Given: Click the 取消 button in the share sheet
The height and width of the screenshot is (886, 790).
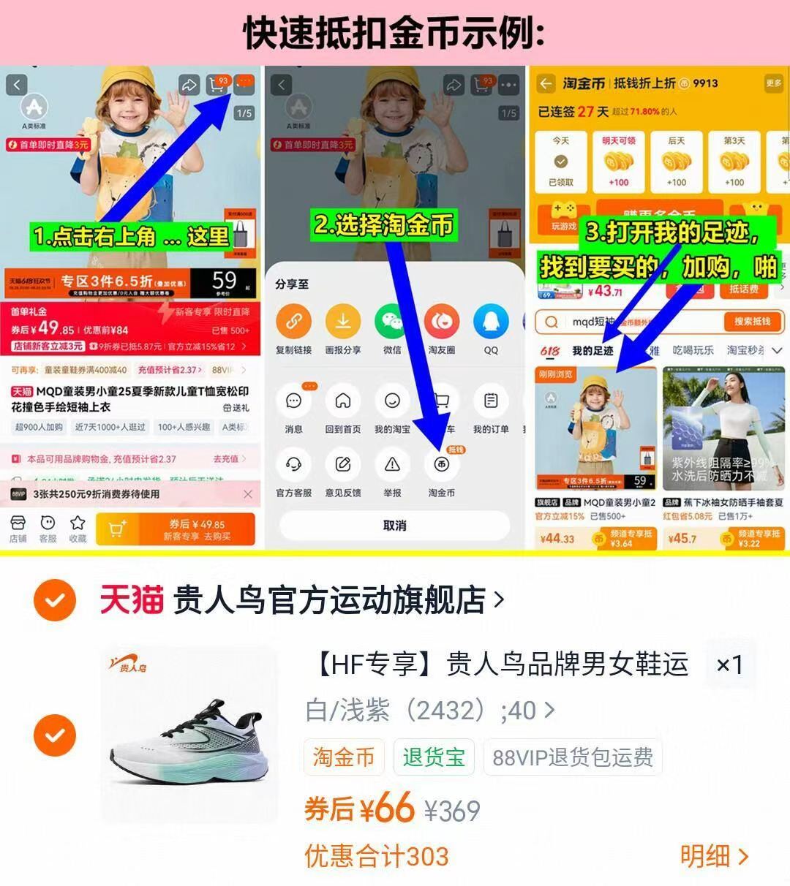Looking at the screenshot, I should point(394,526).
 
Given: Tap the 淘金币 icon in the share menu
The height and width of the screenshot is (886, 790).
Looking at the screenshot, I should point(441,464).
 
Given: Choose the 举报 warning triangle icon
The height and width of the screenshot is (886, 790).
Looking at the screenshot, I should point(392,464).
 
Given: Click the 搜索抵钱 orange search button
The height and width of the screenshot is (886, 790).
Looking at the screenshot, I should point(752,322).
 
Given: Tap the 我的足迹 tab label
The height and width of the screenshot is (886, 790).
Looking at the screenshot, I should point(592,351).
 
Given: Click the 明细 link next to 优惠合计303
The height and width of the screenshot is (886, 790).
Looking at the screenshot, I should point(714,856).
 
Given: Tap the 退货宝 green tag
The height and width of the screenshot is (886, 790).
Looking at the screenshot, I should point(434,757).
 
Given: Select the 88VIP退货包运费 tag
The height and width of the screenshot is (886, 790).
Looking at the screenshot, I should point(573,757).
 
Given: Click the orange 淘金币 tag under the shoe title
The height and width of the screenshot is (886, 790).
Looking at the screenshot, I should point(344,757).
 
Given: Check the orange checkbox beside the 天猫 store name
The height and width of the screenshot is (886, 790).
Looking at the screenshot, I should point(55,600).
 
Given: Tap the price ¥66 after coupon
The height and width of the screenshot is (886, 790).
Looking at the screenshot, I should point(386,809).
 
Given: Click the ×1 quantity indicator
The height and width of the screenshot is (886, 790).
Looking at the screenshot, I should point(729,664).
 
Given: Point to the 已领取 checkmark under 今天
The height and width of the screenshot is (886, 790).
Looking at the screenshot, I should point(561,162).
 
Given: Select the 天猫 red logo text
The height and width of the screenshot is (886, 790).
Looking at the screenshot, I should point(132,600).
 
